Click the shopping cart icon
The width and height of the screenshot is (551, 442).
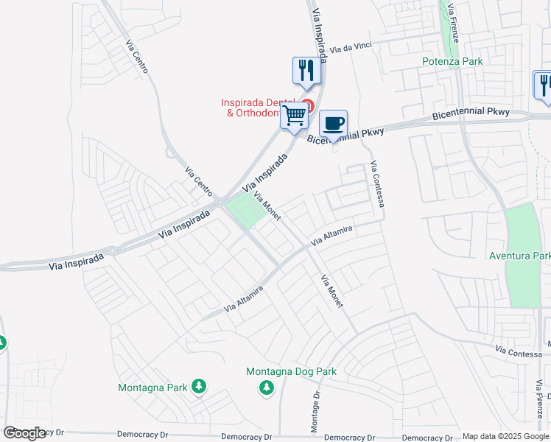click(295, 114)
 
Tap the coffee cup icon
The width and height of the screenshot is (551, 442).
click(333, 122)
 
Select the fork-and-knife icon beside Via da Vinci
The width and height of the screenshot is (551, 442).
click(306, 70)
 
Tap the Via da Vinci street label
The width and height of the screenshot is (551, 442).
click(350, 48)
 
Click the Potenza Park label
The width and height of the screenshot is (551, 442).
click(452, 61)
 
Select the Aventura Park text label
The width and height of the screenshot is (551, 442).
click(519, 256)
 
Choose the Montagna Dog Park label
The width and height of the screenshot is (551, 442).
click(291, 371)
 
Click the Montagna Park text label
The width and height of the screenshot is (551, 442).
click(152, 387)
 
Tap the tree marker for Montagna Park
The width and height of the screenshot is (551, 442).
click(198, 386)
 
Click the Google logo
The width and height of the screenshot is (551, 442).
click(24, 433)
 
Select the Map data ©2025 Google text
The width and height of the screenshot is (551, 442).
click(505, 436)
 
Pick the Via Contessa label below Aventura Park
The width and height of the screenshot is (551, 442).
click(519, 352)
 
